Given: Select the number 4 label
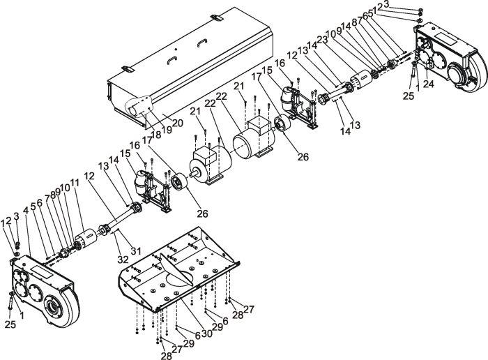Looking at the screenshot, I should (26, 210).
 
